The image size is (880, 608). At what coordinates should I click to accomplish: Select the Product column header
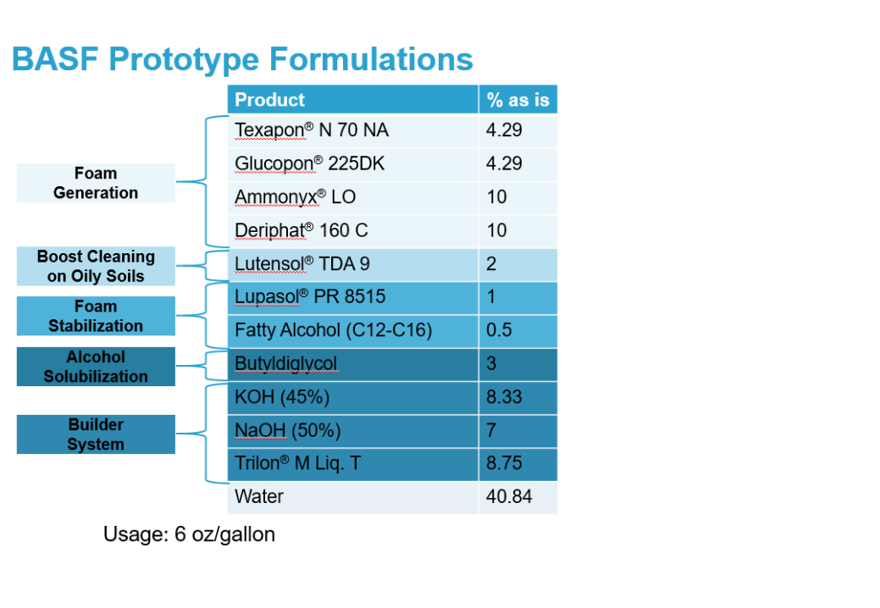[x=353, y=99]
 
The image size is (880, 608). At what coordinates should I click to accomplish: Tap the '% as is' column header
[x=518, y=99]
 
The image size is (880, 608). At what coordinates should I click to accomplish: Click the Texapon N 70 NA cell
[x=353, y=130]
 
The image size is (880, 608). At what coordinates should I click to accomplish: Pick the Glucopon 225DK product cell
[x=353, y=163]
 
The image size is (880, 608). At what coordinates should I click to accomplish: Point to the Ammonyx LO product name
[x=296, y=196]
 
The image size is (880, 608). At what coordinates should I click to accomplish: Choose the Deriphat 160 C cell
[x=353, y=230]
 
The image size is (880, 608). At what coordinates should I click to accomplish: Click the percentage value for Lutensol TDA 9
[x=491, y=263]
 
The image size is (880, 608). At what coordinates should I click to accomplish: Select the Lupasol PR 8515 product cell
[x=353, y=297]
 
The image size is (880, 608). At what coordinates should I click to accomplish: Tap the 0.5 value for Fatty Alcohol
[x=499, y=329]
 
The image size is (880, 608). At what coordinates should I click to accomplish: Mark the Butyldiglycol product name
[x=286, y=364]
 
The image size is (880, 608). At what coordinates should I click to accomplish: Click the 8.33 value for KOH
[x=504, y=397]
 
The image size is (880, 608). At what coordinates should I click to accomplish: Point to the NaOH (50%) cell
[x=353, y=430]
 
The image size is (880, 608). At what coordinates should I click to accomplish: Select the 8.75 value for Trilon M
[x=504, y=463]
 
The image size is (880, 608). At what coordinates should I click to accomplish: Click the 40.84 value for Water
[x=509, y=496]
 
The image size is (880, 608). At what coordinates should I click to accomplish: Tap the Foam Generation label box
[x=96, y=183]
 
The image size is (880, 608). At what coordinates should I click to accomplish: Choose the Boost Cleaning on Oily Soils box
[x=96, y=267]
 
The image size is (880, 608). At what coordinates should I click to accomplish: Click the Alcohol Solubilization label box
[x=96, y=367]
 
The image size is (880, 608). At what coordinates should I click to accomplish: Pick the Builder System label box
[x=96, y=434]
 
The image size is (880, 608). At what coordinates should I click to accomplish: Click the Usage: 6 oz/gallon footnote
[x=189, y=534]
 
